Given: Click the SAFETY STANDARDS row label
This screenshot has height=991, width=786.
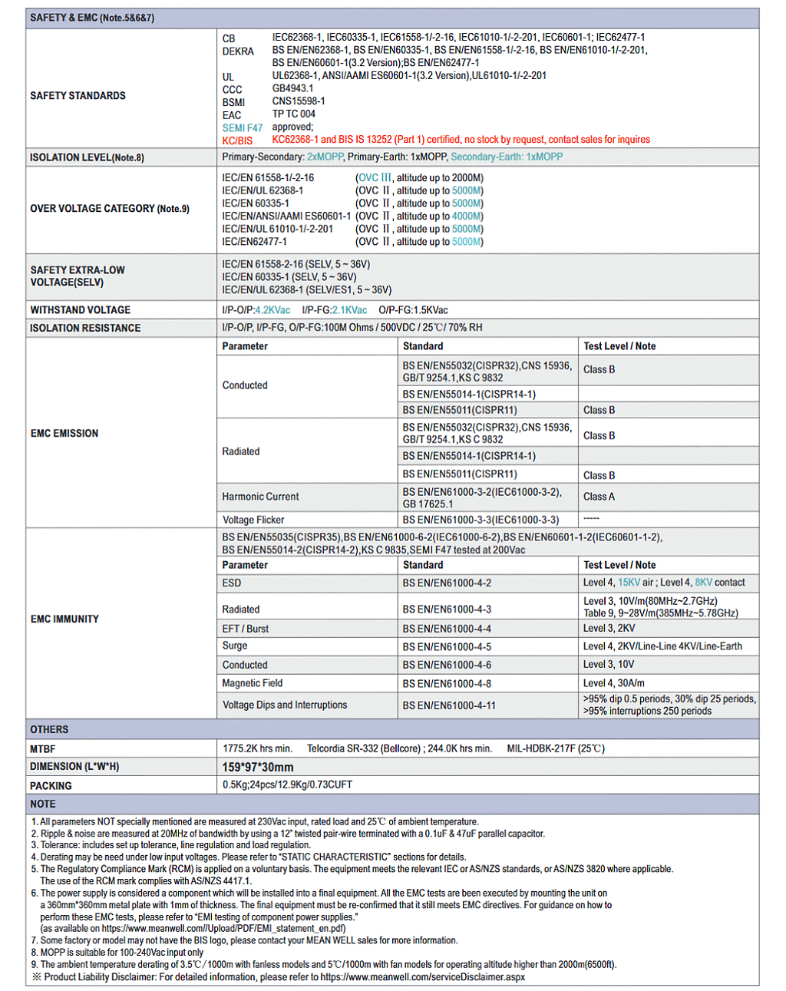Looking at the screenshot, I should pos(78,96).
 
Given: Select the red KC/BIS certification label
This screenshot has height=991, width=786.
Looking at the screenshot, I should pos(237,140).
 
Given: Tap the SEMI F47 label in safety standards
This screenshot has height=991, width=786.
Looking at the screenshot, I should pos(243,128).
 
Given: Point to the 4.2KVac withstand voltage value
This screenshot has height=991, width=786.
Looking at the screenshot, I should pos(272,310).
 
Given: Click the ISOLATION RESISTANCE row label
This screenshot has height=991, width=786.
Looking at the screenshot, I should pos(85,328).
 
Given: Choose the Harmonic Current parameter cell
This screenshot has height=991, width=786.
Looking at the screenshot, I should pos(260,497).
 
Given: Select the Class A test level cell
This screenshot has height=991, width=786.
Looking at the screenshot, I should pos(599,497).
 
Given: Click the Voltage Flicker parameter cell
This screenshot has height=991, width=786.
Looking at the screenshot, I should pos(253,520).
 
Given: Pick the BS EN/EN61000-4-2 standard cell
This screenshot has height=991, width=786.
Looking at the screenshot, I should pos(447,583).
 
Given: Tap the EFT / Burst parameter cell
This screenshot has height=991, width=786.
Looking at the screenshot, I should pos(246,629).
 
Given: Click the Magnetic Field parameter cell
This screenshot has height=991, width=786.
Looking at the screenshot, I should pos(253,683).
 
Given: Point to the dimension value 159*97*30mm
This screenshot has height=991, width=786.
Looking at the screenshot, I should pos(258,767).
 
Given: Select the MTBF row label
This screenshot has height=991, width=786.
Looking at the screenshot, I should pos(43,748).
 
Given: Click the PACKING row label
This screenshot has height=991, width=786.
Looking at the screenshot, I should pos(51,786).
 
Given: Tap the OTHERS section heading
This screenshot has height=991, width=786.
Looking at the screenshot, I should pos(49,729).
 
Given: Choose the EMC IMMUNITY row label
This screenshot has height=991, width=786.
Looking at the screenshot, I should pos(64,619).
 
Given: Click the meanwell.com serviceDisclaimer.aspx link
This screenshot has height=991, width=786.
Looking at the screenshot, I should pos(423,977).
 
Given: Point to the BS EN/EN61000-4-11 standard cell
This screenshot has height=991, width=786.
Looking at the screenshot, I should pos(449,705).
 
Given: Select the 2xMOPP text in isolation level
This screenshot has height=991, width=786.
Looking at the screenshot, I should pos(325,157).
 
